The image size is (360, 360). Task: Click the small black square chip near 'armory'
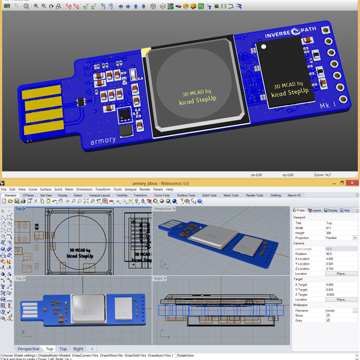point(126,130)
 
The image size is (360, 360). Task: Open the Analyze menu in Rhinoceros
point(130,189)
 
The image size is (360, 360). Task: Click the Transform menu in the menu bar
point(103,189)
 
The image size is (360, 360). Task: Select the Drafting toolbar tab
point(275,195)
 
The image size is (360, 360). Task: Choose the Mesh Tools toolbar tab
point(230,195)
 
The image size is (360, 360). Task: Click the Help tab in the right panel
point(345,211)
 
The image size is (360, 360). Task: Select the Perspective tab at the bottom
point(29,349)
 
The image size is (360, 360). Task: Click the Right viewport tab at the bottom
point(79,349)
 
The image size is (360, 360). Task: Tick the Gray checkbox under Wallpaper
point(328,320)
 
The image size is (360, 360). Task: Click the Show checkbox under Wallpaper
point(328,315)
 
